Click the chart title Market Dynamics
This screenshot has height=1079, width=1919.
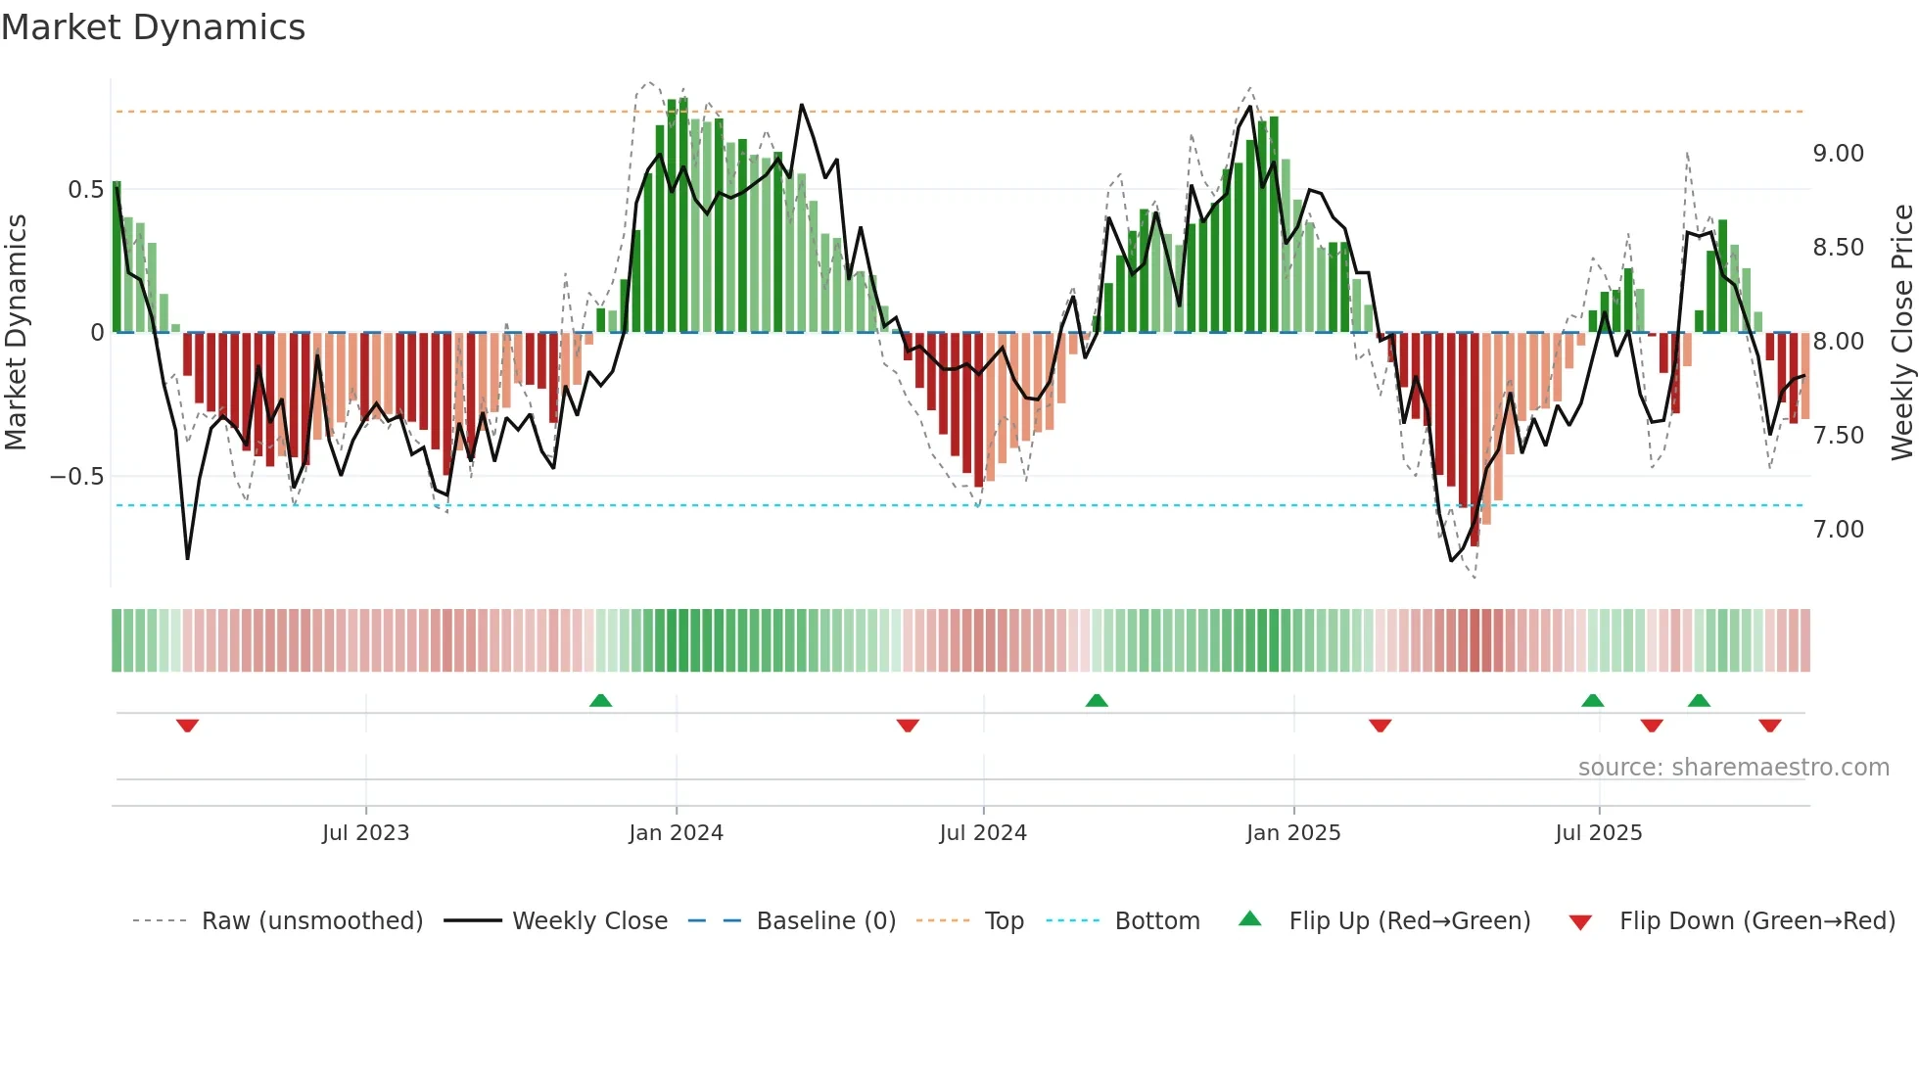click(153, 27)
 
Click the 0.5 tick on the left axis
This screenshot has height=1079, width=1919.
click(85, 190)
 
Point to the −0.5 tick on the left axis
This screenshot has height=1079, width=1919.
click(76, 477)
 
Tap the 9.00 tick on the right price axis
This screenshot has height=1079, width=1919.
click(1838, 154)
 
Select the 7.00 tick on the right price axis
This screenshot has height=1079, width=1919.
click(1838, 530)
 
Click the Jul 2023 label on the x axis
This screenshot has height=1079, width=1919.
click(365, 833)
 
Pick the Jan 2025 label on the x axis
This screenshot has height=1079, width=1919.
click(1292, 833)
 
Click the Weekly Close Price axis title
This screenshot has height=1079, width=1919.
click(1901, 332)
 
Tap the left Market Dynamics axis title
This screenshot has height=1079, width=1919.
click(16, 332)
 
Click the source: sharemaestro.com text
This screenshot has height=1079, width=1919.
click(1733, 768)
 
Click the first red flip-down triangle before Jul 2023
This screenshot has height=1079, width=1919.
click(187, 726)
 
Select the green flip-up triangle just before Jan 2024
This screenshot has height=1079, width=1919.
click(600, 700)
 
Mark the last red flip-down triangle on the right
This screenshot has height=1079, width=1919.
click(1769, 726)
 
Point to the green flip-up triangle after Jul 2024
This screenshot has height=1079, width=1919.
click(1097, 700)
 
